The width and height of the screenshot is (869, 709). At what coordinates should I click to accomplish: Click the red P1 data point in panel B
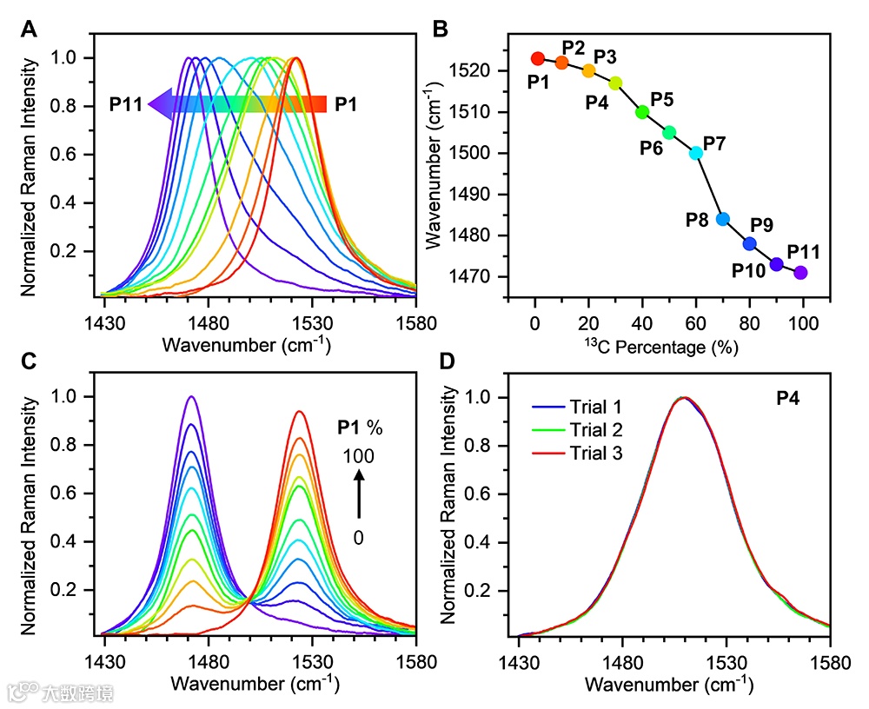pyautogui.click(x=537, y=58)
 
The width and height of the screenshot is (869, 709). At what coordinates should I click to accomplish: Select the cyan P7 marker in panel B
pyautogui.click(x=696, y=153)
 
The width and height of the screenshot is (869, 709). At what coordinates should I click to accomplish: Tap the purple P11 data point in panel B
pyautogui.click(x=800, y=273)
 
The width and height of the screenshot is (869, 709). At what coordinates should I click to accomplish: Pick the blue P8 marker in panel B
pyautogui.click(x=723, y=219)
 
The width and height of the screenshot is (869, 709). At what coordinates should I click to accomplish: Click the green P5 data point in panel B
pyautogui.click(x=642, y=112)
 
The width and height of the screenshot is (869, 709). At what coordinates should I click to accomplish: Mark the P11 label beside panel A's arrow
pyautogui.click(x=126, y=105)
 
